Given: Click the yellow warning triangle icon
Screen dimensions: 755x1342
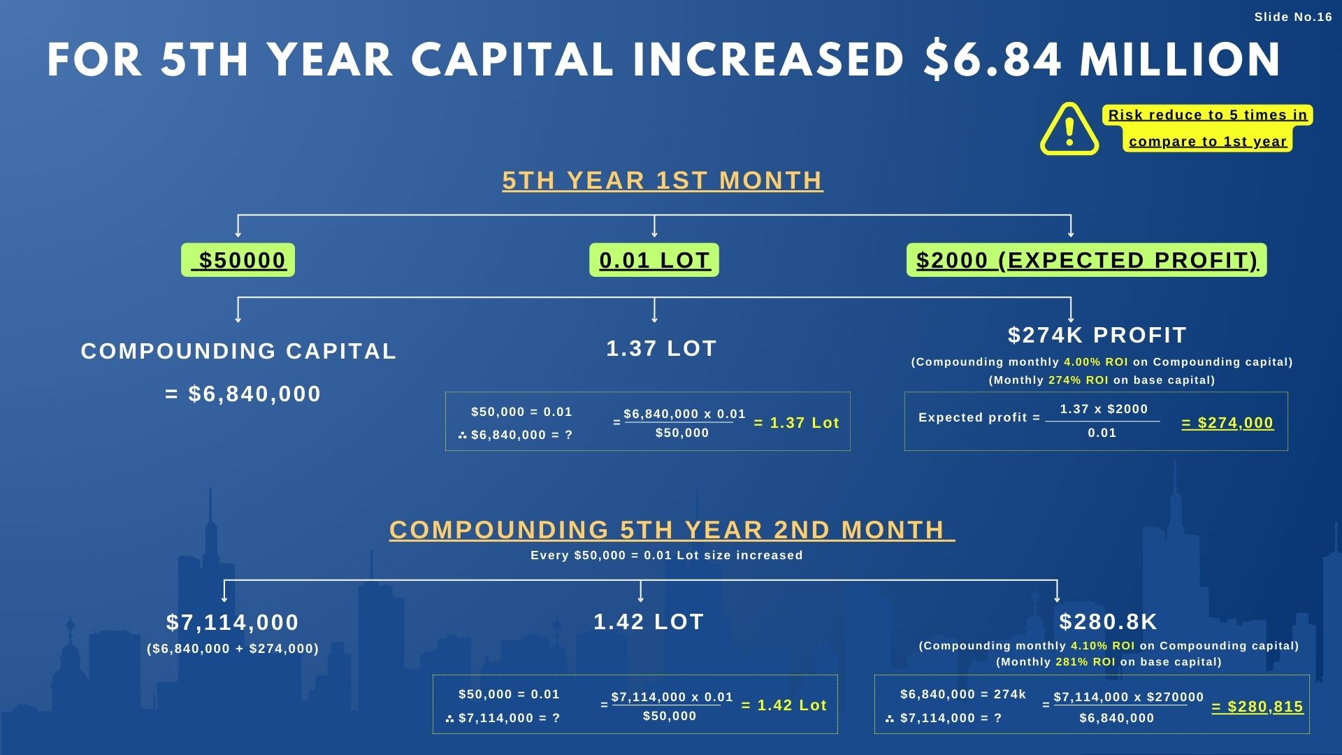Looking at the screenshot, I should (1069, 129).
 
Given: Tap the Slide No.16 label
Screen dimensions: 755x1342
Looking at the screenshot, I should (1293, 17).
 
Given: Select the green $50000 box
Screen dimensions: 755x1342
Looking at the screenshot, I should (238, 260).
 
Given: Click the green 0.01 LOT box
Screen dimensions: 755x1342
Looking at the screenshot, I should (654, 260).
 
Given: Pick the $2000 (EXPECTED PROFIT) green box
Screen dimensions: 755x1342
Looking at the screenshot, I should (1086, 260).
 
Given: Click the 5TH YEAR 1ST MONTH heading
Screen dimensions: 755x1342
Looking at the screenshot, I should (663, 180).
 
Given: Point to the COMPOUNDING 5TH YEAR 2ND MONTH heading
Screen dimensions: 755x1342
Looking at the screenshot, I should (671, 530).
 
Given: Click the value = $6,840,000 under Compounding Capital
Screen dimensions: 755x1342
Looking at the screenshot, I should (243, 394).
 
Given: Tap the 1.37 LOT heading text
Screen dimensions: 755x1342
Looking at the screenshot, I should (661, 348).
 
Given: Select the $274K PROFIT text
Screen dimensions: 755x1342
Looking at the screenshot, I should (1097, 335).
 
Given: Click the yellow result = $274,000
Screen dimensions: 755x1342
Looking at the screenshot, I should (1227, 423).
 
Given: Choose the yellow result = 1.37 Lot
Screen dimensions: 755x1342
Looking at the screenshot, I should (796, 423).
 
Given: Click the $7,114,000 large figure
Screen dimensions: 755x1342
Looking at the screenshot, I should (233, 621).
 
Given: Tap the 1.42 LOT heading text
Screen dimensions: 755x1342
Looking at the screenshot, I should (649, 621).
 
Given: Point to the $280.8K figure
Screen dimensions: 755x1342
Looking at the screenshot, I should (1108, 621).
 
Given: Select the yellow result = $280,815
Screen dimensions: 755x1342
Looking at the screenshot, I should (1257, 707).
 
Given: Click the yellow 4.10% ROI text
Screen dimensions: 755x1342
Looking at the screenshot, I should (1102, 646).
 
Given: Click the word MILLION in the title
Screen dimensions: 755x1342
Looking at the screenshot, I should (1180, 60).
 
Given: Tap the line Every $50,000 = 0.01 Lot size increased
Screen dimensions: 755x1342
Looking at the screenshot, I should (666, 555).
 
